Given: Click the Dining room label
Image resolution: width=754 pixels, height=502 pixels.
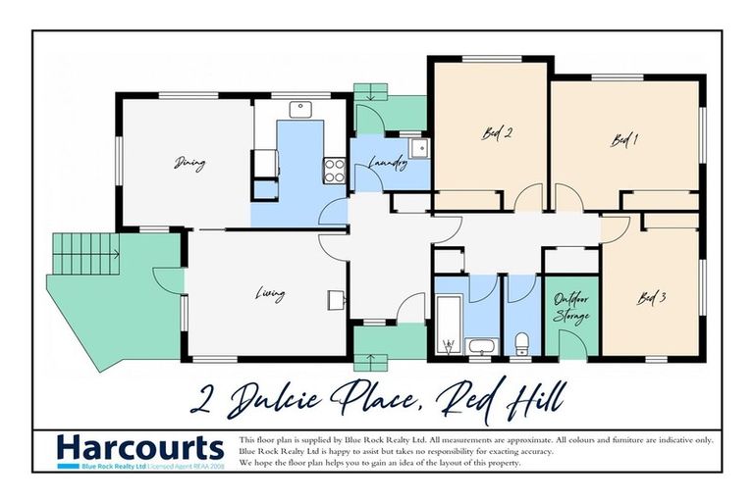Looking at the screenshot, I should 190,164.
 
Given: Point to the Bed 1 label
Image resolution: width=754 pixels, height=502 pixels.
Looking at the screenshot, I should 624,141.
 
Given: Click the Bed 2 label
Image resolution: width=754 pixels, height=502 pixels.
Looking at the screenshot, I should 497,134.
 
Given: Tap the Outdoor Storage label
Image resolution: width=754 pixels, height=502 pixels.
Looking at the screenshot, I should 570,308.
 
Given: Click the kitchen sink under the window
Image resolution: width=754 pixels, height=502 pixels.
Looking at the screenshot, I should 300,108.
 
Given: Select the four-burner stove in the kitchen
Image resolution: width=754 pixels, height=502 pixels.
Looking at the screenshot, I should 335,171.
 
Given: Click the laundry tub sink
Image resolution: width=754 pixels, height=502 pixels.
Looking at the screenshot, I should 419,148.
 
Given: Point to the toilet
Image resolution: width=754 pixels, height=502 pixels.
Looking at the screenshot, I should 522,342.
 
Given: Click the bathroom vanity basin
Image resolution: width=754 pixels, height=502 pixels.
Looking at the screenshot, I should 482,346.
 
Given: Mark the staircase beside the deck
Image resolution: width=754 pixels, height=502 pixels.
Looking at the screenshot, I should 84,253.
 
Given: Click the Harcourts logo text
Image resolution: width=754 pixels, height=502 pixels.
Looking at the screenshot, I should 139,448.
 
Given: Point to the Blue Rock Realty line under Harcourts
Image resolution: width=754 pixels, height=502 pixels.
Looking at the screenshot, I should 139,467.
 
